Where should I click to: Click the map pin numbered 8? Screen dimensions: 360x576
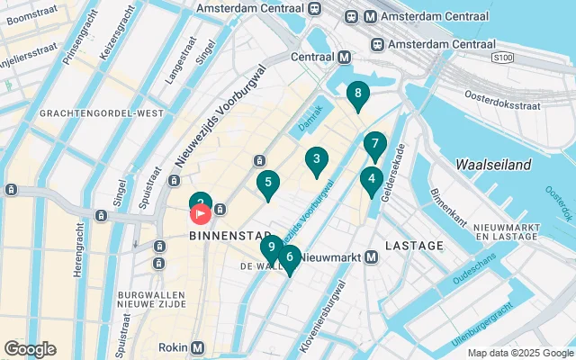tap(358, 94)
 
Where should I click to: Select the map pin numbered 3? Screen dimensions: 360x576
tap(315, 161)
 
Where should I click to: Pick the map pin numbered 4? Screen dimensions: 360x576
tap(371, 179)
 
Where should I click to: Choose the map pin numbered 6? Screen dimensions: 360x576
tap(288, 257)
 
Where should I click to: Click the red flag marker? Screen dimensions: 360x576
tap(200, 214)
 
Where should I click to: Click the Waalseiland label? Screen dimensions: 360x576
tap(493, 165)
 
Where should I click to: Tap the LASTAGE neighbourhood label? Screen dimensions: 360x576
tap(414, 245)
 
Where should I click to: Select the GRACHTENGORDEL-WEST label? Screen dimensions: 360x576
tap(101, 112)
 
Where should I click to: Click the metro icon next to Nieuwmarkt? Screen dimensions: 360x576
tap(371, 257)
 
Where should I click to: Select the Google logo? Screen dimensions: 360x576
tap(30, 349)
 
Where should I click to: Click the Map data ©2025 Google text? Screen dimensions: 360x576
tap(519, 353)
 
